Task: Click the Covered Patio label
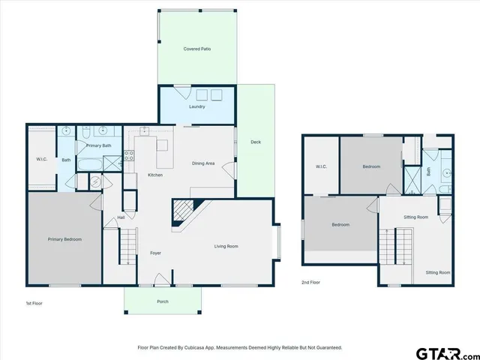point(197,49)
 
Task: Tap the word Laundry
point(197,106)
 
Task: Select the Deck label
point(255,142)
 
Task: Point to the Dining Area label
point(203,163)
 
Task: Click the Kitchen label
point(155,175)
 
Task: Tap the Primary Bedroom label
point(64,239)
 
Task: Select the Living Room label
point(226,246)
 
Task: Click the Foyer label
point(155,253)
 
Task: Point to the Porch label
point(162,301)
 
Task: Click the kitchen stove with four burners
point(129,157)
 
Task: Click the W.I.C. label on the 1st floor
point(42,158)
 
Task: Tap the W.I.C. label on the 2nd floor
point(320,166)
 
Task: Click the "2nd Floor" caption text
point(310,283)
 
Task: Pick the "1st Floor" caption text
point(34,303)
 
